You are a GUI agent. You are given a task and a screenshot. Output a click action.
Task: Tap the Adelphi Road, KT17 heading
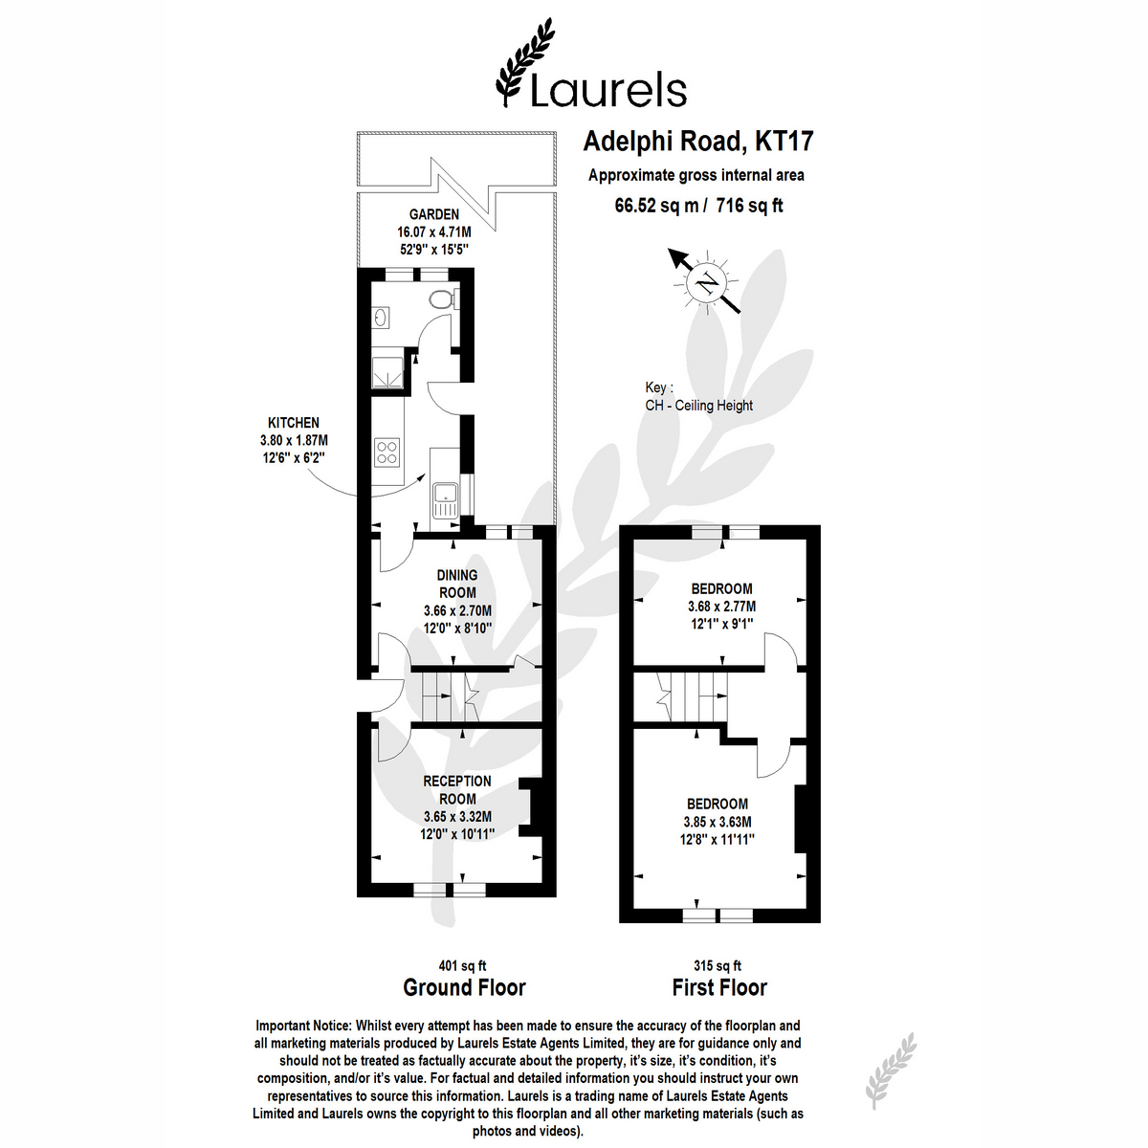[x=697, y=142]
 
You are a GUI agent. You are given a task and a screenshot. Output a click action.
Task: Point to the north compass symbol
[x=706, y=281]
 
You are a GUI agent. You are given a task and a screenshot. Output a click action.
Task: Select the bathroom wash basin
[x=382, y=317]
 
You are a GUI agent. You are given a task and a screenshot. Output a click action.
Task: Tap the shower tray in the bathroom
[x=387, y=372]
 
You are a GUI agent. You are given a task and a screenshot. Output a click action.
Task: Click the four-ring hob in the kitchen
[x=387, y=451]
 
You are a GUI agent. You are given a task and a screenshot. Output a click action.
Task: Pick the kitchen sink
[x=445, y=500]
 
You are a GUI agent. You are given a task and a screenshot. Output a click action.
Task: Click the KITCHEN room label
[x=293, y=423]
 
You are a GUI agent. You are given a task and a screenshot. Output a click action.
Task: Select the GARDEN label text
[x=433, y=214]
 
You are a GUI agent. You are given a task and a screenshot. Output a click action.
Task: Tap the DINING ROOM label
[x=457, y=584]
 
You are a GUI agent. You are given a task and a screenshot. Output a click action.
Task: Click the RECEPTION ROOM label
[x=457, y=790]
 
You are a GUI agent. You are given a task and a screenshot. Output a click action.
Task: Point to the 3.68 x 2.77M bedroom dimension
[x=721, y=607]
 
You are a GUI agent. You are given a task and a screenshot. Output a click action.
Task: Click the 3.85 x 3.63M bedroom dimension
[x=717, y=822]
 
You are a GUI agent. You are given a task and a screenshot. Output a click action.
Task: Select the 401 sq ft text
[x=462, y=965]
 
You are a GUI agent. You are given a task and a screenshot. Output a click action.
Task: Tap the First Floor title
[x=719, y=987]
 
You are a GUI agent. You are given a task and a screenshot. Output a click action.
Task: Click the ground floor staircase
[x=451, y=696]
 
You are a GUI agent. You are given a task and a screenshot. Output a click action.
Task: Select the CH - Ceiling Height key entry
[x=698, y=406]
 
